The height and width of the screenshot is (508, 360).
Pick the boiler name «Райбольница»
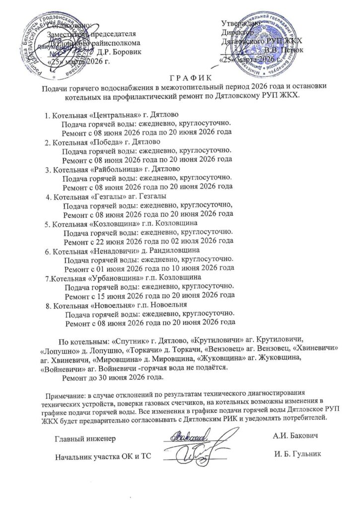click(115, 170)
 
